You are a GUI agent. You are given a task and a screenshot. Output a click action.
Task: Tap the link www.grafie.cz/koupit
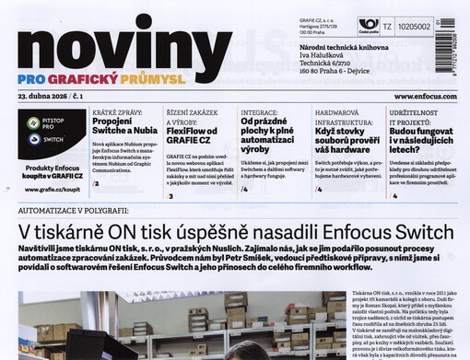[51, 189]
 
